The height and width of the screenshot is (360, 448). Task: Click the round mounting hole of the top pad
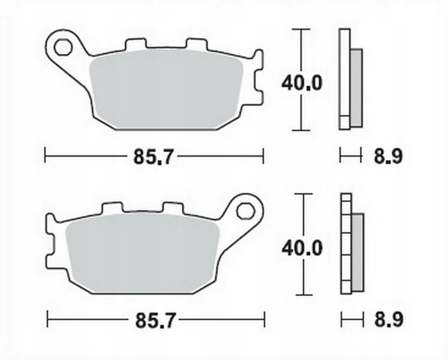click(x=62, y=46)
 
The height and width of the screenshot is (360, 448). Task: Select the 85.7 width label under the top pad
click(x=154, y=157)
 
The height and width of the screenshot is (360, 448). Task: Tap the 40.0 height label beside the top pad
click(x=302, y=82)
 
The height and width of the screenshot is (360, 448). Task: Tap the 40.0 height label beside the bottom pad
click(x=302, y=247)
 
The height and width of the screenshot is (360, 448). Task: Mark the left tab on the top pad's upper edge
click(x=135, y=45)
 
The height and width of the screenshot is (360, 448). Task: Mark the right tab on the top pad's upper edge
click(x=196, y=45)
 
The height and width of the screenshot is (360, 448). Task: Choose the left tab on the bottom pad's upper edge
click(x=112, y=208)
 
